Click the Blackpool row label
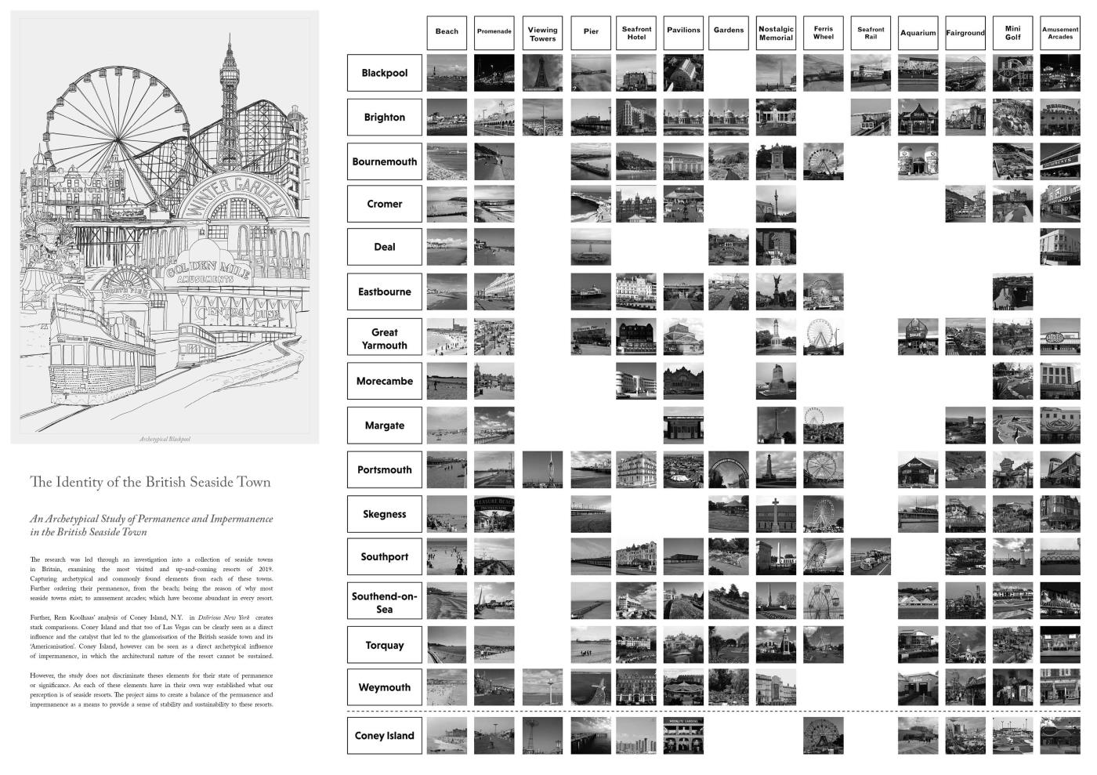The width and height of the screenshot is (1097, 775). pos(384,73)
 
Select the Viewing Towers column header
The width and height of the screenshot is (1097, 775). pos(542,33)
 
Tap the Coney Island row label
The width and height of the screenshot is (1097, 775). pos(384,736)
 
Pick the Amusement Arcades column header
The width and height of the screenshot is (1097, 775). pos(1059,33)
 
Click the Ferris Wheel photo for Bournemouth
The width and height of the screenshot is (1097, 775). pos(823,161)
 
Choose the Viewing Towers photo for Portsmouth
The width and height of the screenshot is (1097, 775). pos(542,470)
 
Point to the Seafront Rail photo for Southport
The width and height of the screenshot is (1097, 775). pos(871,557)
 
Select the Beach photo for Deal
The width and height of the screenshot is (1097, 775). pos(447,247)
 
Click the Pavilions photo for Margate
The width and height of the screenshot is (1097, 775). pos(683,426)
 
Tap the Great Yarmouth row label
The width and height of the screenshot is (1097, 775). pos(384,339)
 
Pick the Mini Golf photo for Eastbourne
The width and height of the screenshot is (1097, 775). pos(1012,292)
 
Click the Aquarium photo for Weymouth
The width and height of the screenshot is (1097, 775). pos(918,687)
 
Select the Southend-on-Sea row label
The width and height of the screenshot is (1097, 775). pos(384,602)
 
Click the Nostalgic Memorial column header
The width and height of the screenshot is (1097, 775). pos(776,33)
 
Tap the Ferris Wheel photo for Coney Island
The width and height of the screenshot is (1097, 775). pos(823,736)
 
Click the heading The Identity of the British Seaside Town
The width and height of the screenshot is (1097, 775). pos(150,482)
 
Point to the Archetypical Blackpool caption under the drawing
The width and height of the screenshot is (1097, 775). pos(165,439)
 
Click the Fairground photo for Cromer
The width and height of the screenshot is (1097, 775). pos(965,204)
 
